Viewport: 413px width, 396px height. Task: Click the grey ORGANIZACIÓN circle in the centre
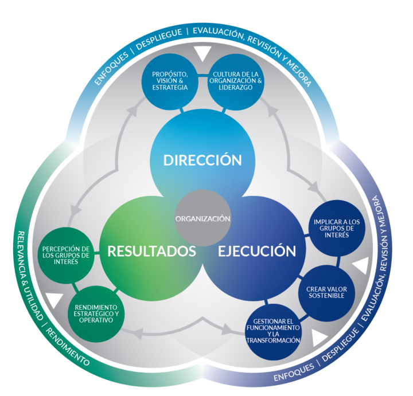click(x=202, y=218)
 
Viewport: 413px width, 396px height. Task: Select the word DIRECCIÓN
click(x=202, y=160)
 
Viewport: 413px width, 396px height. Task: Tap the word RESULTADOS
click(x=151, y=251)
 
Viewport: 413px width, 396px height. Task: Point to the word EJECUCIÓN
click(x=257, y=251)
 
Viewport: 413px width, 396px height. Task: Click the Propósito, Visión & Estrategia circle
click(x=170, y=81)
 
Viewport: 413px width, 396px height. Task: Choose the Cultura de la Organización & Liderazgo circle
click(x=236, y=81)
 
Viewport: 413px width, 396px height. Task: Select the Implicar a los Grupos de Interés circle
click(x=337, y=229)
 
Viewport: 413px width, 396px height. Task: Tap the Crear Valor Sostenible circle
click(x=326, y=293)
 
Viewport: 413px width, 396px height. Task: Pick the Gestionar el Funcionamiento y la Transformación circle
click(x=273, y=332)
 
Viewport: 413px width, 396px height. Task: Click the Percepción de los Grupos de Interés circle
click(x=66, y=255)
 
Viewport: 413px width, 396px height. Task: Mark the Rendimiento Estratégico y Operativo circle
click(x=96, y=314)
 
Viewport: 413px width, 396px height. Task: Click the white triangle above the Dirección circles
click(x=202, y=53)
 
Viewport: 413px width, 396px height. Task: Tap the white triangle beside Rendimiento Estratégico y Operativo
click(x=54, y=299)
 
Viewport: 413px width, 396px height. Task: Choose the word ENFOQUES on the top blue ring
click(x=111, y=68)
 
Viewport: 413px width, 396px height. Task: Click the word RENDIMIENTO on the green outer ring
click(x=68, y=347)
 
